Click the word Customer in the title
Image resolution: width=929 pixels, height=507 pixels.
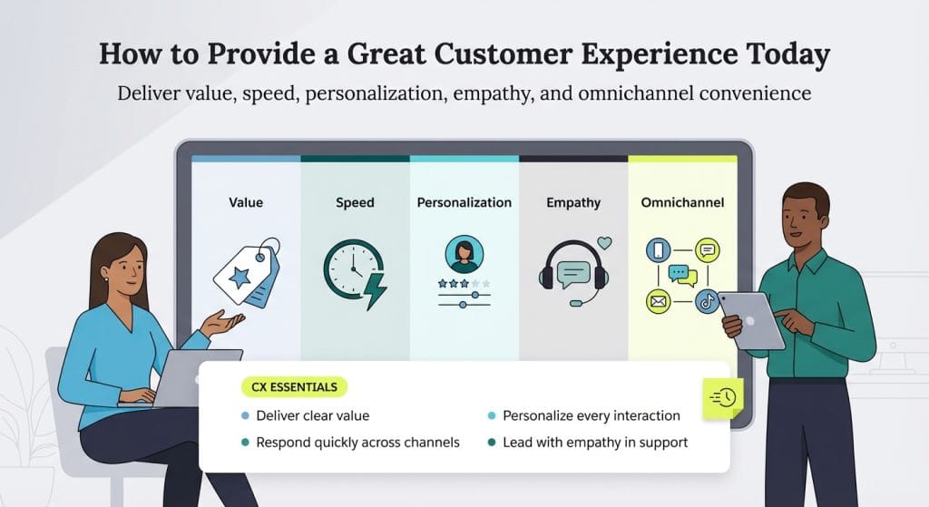point(503,54)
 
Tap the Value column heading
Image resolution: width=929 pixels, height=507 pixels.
point(246,202)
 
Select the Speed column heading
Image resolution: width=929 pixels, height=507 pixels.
point(355,203)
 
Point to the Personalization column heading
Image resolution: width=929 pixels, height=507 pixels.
point(464,202)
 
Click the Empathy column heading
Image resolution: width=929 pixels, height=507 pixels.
point(573,203)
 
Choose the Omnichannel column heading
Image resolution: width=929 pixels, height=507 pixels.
point(682,202)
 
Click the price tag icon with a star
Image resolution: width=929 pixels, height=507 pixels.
point(247,273)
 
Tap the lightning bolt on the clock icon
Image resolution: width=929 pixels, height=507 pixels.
point(375,290)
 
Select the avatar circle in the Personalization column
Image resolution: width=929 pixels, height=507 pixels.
point(464,255)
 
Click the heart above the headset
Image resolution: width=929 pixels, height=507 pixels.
point(604,243)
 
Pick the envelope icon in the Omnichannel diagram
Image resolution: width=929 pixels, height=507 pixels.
point(658,301)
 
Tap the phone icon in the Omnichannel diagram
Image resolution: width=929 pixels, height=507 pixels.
point(658,250)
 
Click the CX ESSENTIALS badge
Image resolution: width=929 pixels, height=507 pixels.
point(295,386)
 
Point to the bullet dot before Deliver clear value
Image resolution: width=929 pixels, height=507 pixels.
point(245,415)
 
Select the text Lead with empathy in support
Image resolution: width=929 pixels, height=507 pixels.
point(595,443)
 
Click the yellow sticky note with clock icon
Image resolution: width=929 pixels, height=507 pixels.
point(723,398)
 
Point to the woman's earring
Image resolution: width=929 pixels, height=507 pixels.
point(105,279)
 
